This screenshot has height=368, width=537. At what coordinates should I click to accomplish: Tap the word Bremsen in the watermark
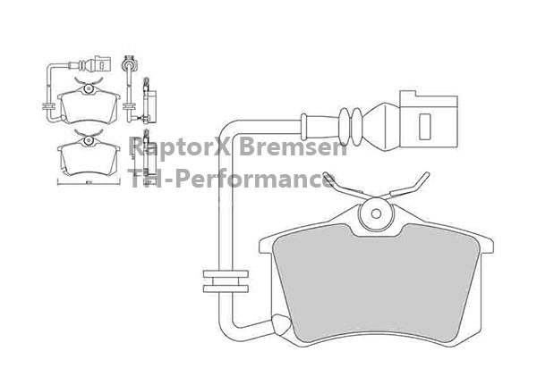point(293,146)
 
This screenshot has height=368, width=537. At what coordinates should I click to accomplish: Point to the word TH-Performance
point(232,178)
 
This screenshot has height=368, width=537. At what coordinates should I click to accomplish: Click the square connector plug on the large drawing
point(429,120)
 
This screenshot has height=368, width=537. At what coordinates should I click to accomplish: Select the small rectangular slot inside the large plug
point(424,127)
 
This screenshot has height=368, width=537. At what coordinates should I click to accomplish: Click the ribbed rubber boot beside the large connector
point(350,127)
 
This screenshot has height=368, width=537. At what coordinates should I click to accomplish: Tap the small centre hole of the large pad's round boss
point(376,213)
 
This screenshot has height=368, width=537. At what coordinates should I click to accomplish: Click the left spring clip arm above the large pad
point(345,186)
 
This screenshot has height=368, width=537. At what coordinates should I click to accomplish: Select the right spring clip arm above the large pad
point(407,186)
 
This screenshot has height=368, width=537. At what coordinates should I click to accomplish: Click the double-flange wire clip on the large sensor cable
point(226,281)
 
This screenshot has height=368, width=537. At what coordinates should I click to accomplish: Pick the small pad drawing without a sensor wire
point(89,155)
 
